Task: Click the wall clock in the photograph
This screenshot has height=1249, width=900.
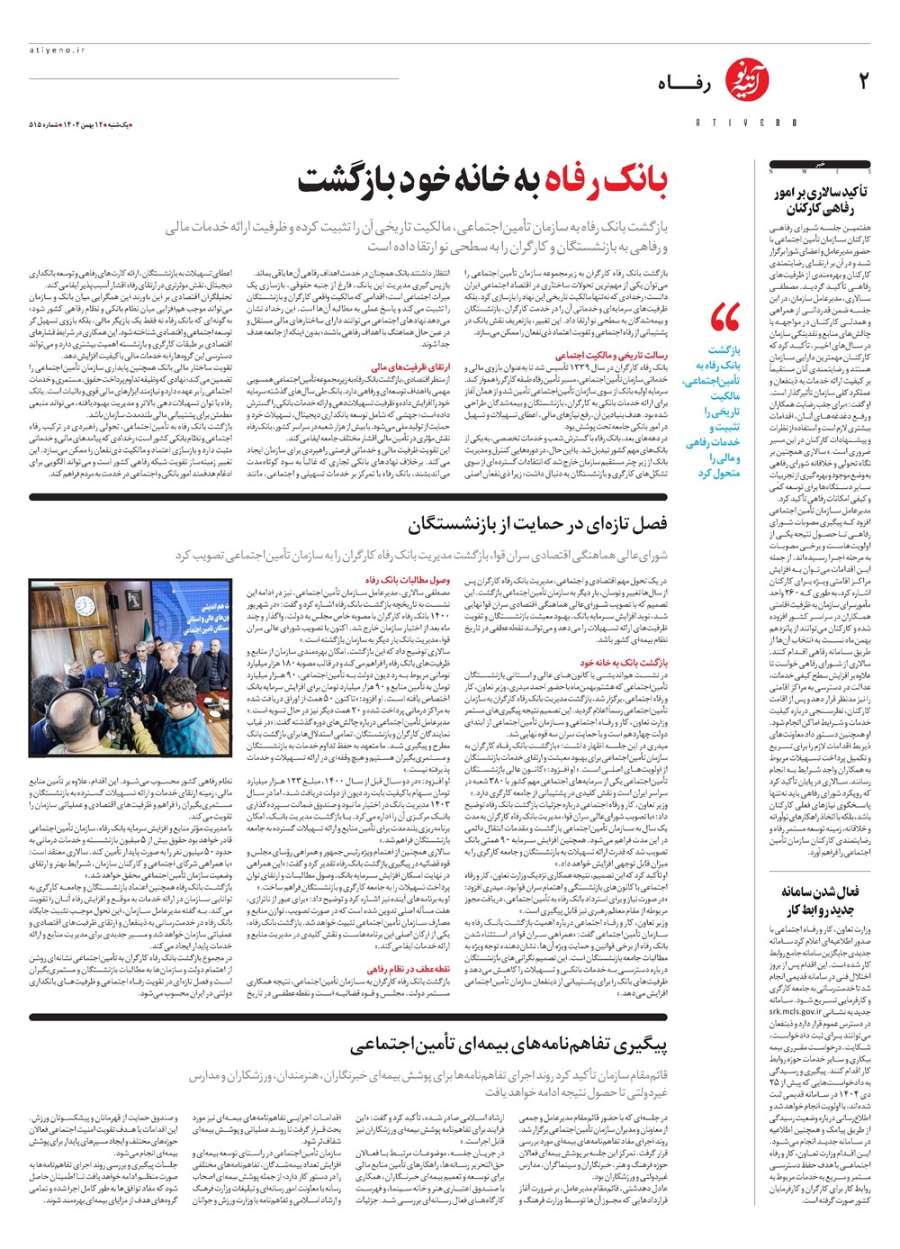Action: pos(85,606)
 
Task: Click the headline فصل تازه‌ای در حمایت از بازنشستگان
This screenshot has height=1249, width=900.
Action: pos(537,523)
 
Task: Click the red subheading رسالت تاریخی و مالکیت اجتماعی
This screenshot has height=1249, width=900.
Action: pos(611,355)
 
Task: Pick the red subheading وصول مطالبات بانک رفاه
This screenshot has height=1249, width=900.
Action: pos(408,580)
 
